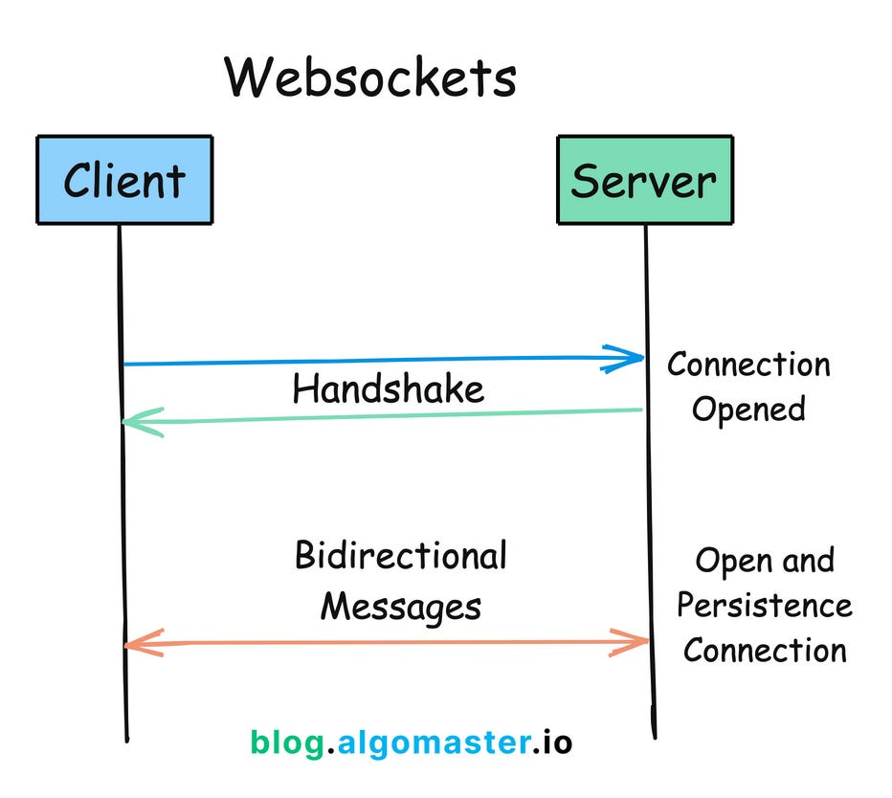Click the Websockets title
tap(370, 78)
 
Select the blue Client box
tap(123, 179)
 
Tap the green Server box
tap(644, 179)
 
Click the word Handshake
tap(388, 389)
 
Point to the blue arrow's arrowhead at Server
tap(632, 359)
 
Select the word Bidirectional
tap(400, 556)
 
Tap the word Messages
tap(400, 606)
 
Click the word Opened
tap(748, 410)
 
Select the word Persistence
tap(764, 606)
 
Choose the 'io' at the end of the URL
tap(556, 742)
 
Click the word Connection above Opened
tap(748, 365)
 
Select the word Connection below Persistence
tap(765, 651)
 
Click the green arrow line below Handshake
tap(383, 416)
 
